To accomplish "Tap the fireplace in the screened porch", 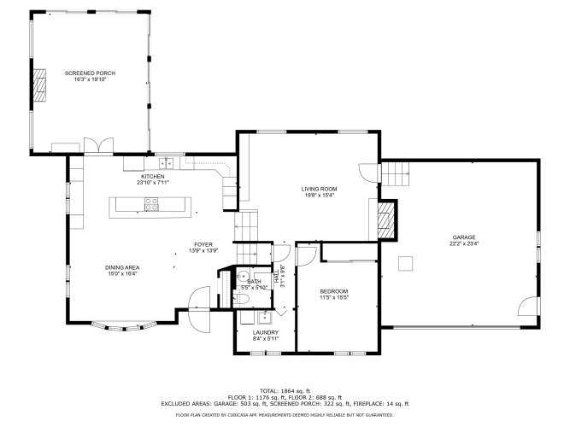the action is (39, 85).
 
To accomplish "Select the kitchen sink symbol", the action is (166, 163).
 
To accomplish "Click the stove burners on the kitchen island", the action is (151, 204).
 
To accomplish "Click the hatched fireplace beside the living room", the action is (385, 220).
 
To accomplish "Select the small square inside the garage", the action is (405, 264).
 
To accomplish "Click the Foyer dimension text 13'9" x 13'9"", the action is (203, 251).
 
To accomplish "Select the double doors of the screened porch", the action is (98, 145).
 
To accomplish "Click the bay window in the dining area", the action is (124, 325).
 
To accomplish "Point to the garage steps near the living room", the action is (395, 173).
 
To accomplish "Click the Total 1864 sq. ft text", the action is (285, 391).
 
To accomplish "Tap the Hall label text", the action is (277, 277).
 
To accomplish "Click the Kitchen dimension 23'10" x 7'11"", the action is (153, 183).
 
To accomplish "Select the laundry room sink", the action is (265, 317).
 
